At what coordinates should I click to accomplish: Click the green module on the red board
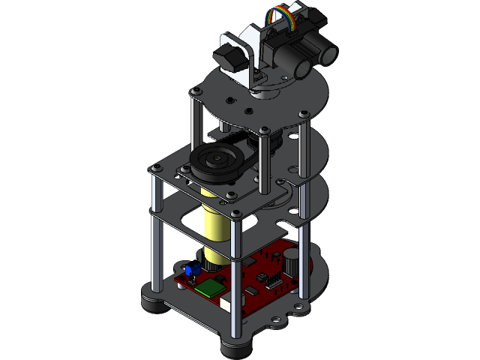[x=211, y=287]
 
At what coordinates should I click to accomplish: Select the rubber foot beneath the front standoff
[x=237, y=348]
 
